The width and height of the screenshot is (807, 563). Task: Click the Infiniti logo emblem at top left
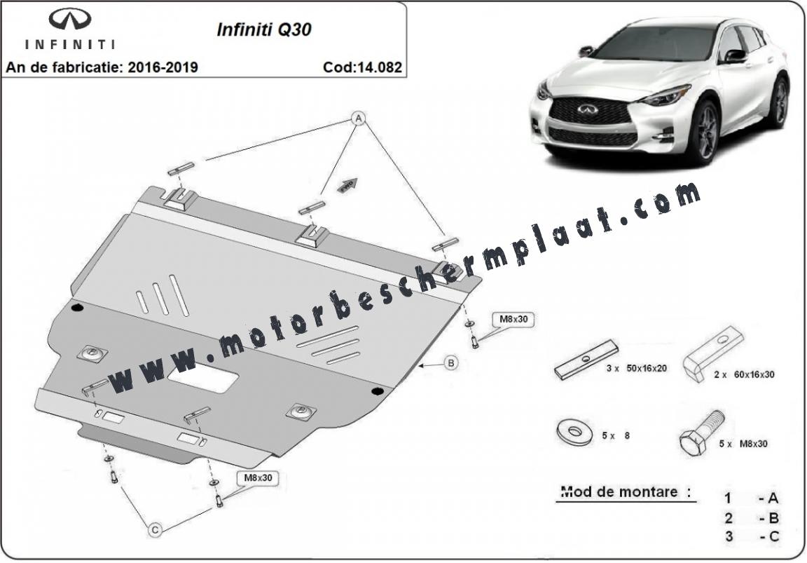[x=70, y=20]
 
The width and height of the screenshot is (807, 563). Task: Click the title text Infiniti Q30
[x=264, y=29]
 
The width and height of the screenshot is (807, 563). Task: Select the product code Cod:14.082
[x=362, y=67]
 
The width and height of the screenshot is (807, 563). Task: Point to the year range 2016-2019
[x=163, y=67]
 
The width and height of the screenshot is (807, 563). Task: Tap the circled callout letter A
[x=358, y=118]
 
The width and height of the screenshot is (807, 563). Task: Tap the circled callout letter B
[x=450, y=363]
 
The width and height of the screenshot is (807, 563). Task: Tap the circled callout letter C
[x=155, y=529]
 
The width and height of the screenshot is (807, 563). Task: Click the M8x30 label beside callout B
[x=513, y=319]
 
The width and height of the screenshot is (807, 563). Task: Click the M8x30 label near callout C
[x=258, y=477]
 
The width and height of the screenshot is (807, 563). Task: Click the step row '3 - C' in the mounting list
[x=752, y=536]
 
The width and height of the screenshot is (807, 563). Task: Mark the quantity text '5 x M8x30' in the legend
[x=743, y=444]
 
